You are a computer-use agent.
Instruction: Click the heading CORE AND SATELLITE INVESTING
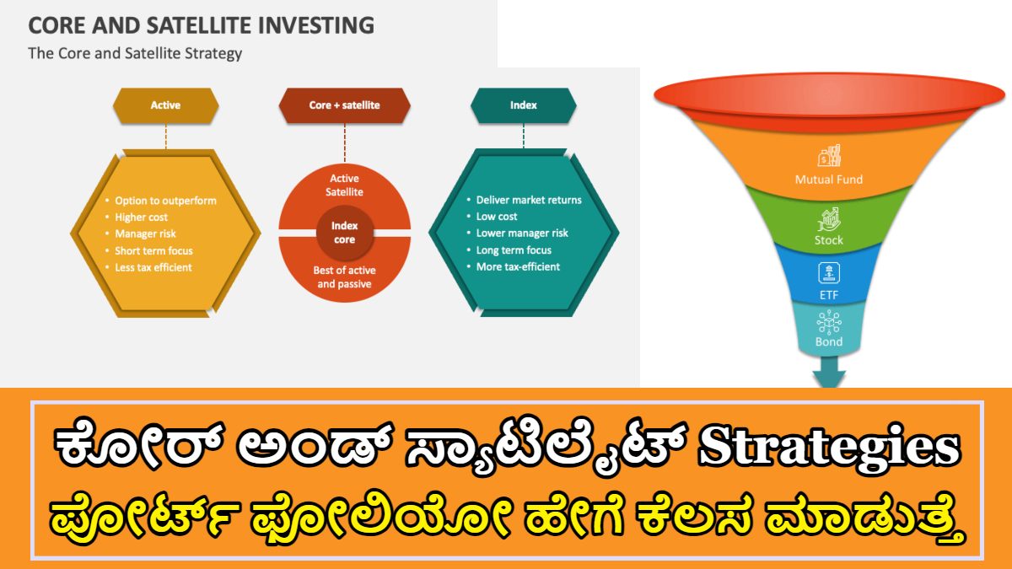click(x=202, y=24)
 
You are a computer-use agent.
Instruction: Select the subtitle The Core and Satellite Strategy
click(x=135, y=53)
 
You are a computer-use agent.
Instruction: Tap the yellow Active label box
click(x=165, y=105)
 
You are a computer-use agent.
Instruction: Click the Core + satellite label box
click(x=344, y=105)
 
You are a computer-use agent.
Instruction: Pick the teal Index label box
click(x=523, y=105)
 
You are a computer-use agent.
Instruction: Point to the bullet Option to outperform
click(x=165, y=201)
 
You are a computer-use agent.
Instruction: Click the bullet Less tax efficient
click(x=153, y=267)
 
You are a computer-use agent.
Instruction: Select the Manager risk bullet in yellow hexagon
click(x=145, y=234)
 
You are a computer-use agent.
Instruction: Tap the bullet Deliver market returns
click(x=529, y=200)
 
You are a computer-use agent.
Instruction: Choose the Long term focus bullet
click(x=514, y=250)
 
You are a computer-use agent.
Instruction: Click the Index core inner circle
click(x=344, y=233)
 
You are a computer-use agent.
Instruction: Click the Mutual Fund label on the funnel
click(x=829, y=180)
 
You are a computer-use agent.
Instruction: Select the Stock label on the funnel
click(x=829, y=240)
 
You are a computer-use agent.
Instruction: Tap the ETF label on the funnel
click(x=829, y=295)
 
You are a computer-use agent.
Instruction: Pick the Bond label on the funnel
click(x=829, y=342)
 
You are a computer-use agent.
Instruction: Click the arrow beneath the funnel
click(x=829, y=372)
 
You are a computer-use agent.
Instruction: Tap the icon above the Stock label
click(x=829, y=220)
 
